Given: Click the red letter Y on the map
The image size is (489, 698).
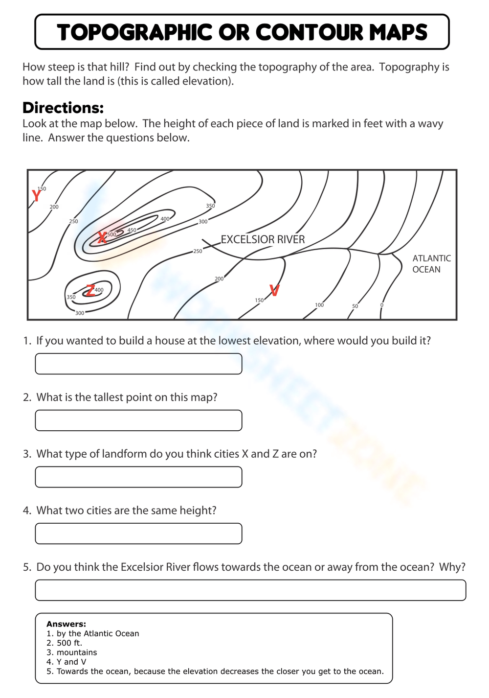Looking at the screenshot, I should coord(36,196).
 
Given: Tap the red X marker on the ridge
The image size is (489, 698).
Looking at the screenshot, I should coord(102,238).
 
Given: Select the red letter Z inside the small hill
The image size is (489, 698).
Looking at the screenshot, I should coord(90,291).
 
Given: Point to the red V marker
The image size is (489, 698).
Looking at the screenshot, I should coord(274,291).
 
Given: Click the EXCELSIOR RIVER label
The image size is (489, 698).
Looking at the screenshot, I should coord(263,239).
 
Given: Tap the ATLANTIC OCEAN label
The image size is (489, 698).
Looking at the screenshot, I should coord(431,264).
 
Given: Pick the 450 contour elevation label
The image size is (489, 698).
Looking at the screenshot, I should coord(132,230).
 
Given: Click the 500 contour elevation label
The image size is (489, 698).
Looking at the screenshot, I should coord(112,234).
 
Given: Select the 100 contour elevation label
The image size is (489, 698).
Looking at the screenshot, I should coord(319,305).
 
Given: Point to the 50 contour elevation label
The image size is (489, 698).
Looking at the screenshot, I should coord(355,306).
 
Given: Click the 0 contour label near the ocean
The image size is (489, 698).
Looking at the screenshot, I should coord(382,305).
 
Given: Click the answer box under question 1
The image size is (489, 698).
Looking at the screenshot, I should coord(138,364).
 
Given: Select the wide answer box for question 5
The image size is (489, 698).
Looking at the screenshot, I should coord(250,590).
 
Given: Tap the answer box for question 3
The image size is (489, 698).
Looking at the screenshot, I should coord(138,477).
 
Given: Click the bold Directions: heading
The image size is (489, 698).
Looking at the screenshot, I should coord(63,108).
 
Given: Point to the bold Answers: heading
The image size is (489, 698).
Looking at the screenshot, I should coord(66,624).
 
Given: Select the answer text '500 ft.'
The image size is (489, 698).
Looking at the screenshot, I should coord(69,643).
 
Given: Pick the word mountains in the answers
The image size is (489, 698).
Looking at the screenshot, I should coord(77,652).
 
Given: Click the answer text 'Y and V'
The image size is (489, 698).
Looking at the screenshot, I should coord(71,662).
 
